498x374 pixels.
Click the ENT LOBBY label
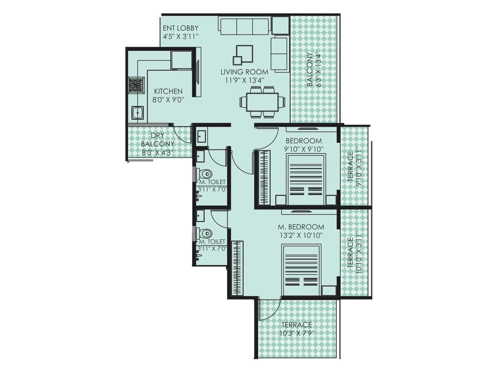point(181,28)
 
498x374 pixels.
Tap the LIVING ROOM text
point(244,72)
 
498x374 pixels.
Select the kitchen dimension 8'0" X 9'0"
point(168,100)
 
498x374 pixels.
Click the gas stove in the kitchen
point(136,85)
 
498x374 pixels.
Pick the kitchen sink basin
point(137,112)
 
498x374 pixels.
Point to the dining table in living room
point(262,102)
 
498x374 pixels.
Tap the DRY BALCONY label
point(157,140)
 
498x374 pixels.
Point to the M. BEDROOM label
point(301,227)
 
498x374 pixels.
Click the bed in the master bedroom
point(301,270)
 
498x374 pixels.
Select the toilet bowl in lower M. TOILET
point(206,233)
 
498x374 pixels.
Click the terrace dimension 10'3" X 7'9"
point(297,333)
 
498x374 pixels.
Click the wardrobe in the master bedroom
point(238,268)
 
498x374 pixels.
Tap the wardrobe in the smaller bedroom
point(264,178)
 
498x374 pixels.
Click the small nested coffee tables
point(243,55)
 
